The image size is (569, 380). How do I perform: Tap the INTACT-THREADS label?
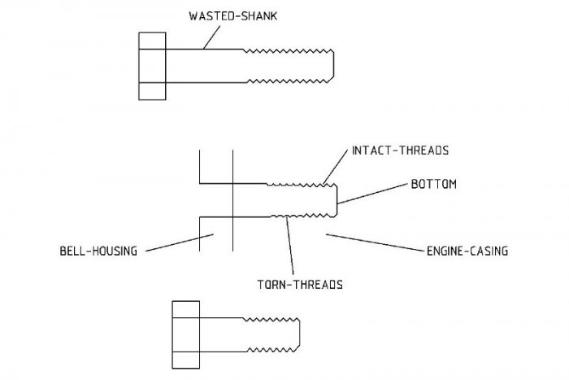(x=400, y=151)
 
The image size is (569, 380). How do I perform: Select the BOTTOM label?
(x=433, y=185)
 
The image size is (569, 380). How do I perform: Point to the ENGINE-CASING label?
(x=467, y=251)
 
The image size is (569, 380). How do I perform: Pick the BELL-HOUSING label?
(x=98, y=251)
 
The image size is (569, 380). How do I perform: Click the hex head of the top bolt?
(x=153, y=67)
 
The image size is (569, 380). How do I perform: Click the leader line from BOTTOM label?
(x=372, y=193)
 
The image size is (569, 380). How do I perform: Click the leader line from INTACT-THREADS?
(x=335, y=168)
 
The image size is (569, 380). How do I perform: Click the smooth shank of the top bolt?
(x=203, y=67)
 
